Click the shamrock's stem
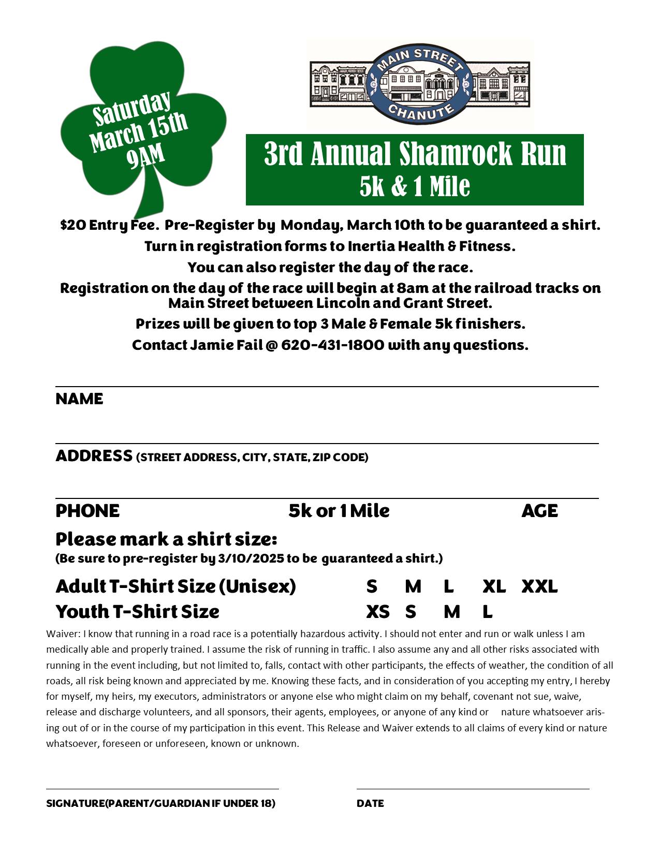tap(151, 197)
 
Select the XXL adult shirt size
tap(539, 586)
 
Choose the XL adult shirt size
tap(494, 586)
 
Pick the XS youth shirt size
tap(377, 612)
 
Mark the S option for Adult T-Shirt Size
tap(371, 586)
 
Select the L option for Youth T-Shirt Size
tap(487, 612)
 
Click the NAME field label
tap(79, 399)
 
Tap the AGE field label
tap(539, 511)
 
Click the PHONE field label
tap(87, 511)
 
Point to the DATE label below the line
tap(370, 803)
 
